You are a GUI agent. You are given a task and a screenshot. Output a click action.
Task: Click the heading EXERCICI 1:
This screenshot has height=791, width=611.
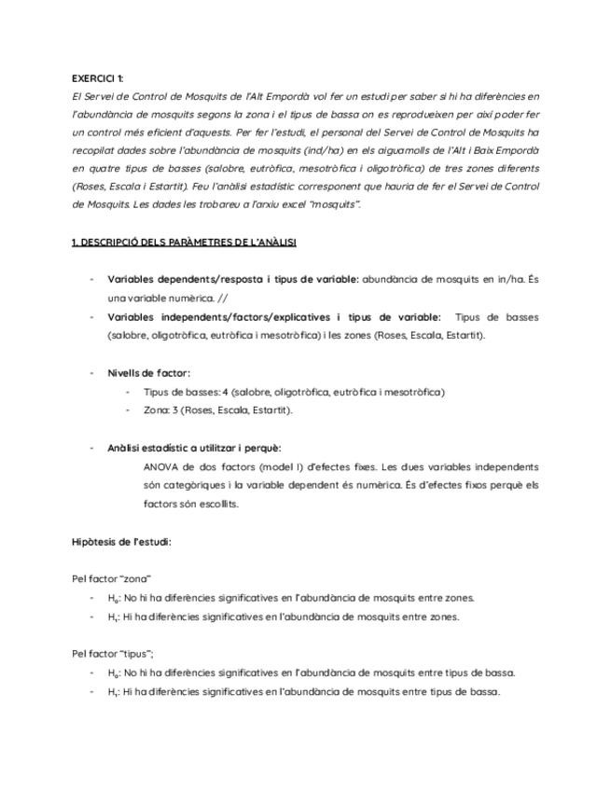96,78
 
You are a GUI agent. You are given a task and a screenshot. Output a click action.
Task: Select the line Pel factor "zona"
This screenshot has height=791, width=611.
111,579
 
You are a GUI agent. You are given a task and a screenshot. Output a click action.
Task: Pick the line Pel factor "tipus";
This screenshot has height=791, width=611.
113,654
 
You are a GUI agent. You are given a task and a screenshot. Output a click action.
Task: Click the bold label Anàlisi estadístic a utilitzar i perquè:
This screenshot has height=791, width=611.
194,448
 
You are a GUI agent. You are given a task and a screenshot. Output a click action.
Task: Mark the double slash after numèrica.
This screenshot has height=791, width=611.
221,298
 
